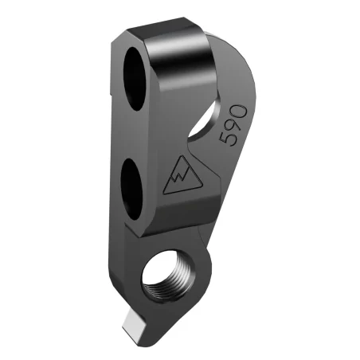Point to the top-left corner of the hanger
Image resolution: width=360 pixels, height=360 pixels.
tap(119, 36)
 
